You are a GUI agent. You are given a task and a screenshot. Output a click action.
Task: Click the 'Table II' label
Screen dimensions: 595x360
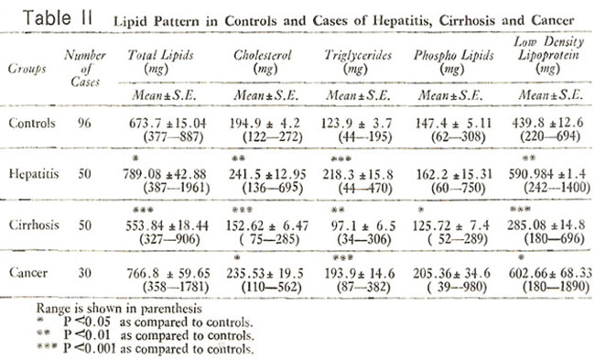tap(58, 17)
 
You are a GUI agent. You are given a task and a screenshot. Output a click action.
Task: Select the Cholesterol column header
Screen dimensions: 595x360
tap(263, 61)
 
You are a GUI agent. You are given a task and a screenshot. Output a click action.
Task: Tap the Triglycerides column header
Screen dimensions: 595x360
tap(357, 61)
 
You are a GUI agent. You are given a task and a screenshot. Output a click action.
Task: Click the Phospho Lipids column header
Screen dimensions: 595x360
tap(453, 61)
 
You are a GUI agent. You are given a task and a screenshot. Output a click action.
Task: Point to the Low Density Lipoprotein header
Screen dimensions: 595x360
tap(548, 55)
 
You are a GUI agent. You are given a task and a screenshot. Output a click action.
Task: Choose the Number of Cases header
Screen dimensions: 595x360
tap(85, 69)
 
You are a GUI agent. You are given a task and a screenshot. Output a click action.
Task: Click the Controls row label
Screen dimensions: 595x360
tap(32, 123)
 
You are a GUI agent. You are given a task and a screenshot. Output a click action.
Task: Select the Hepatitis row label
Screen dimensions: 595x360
tap(34, 174)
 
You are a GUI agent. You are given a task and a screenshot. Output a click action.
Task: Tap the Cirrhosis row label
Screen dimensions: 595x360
tap(34, 224)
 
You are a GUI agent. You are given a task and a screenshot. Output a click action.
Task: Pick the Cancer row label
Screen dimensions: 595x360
tap(28, 273)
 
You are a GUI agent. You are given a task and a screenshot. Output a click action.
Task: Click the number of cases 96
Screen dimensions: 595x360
tap(84, 123)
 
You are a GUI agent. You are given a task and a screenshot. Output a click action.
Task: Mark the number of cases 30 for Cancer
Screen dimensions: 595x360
tap(84, 273)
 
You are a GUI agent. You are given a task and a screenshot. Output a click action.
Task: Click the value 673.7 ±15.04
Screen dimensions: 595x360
tap(168, 123)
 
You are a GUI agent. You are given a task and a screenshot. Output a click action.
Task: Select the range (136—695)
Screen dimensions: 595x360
tap(273, 188)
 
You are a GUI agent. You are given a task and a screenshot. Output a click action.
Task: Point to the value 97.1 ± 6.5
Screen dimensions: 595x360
tap(363, 226)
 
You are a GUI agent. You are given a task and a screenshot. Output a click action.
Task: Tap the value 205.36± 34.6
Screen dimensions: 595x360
tap(451, 273)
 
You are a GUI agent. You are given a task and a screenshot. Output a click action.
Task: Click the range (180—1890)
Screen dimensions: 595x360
tap(556, 287)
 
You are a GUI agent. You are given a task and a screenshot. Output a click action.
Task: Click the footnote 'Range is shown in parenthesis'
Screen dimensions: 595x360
tap(119, 309)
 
